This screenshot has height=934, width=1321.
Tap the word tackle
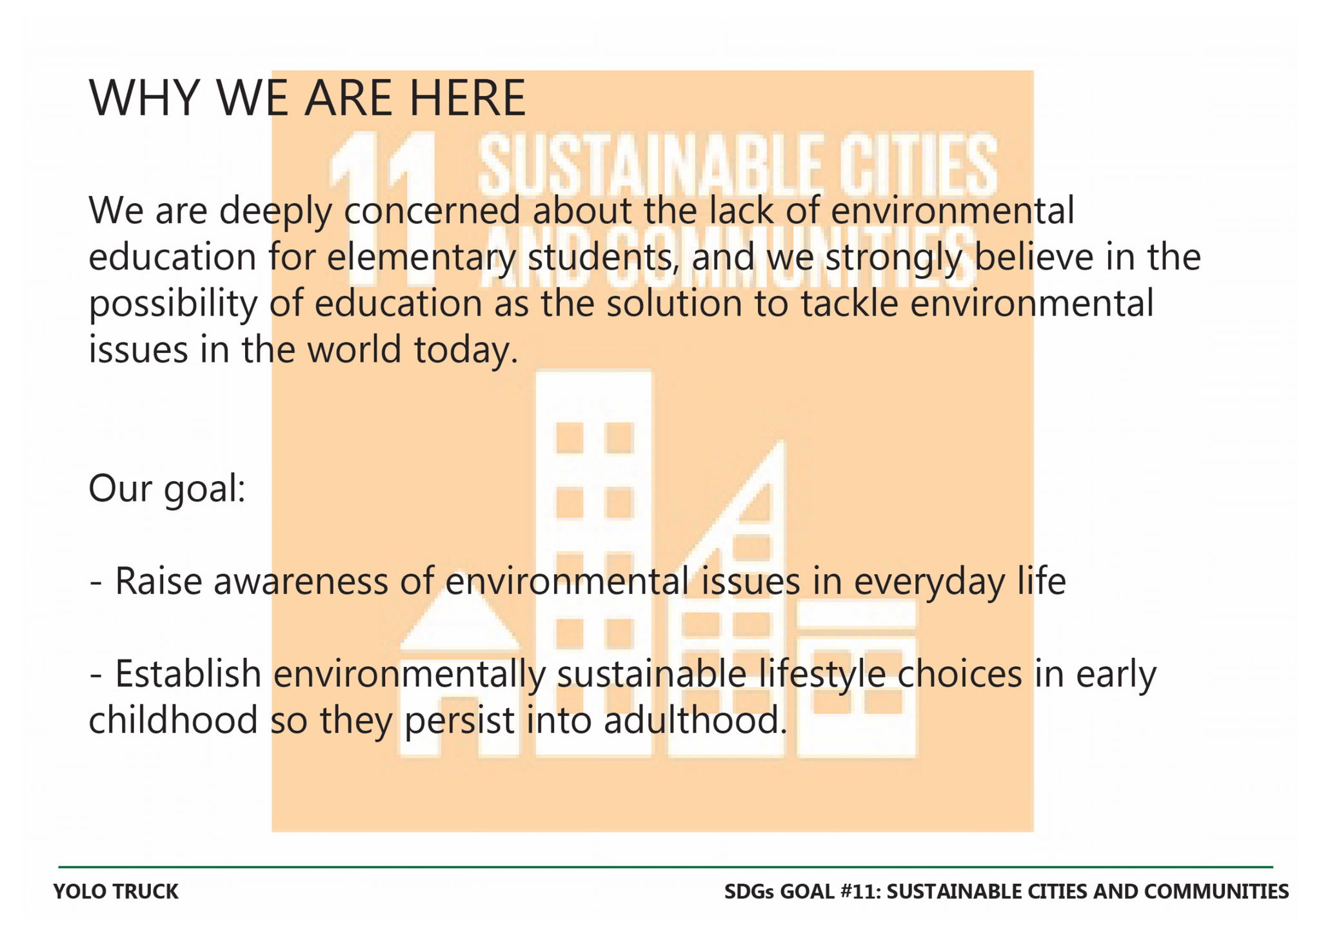(849, 303)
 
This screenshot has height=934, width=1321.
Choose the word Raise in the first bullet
(158, 582)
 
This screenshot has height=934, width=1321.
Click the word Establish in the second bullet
(188, 674)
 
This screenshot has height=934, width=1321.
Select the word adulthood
(695, 720)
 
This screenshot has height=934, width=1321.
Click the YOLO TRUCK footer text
(116, 891)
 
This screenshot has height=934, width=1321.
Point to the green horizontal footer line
(666, 867)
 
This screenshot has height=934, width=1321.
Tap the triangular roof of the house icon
(460, 613)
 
